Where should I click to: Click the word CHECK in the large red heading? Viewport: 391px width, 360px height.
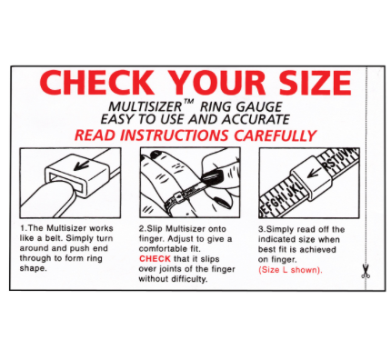pyautogui.click(x=97, y=84)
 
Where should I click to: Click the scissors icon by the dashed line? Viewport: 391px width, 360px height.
pyautogui.click(x=366, y=271)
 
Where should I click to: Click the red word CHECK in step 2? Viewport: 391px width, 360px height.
pyautogui.click(x=154, y=259)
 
